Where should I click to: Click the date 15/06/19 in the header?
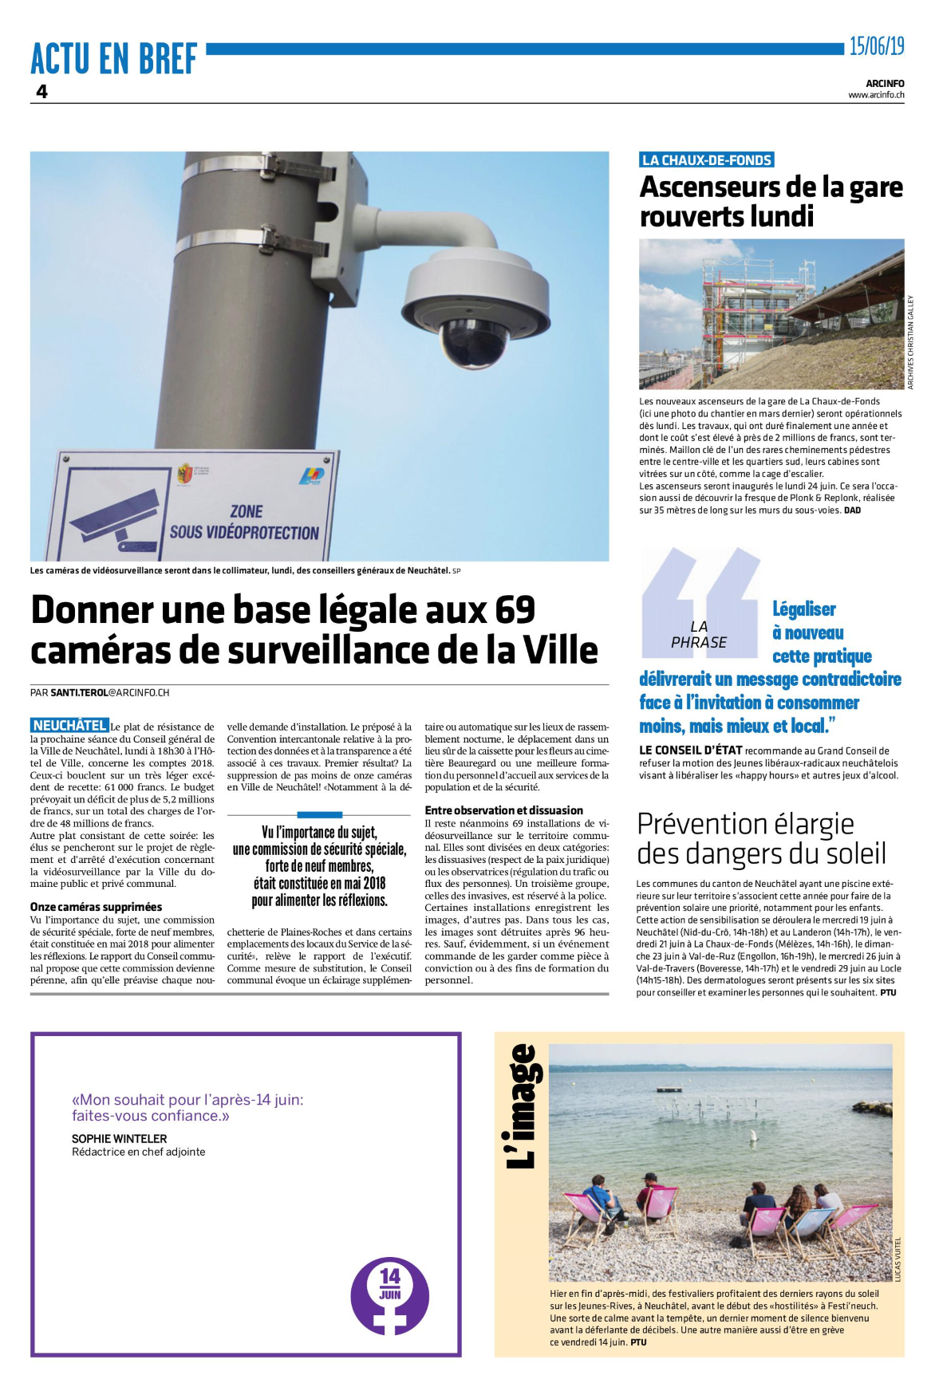coord(876,46)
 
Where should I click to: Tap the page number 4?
coord(41,92)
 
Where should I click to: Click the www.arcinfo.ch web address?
coord(875,95)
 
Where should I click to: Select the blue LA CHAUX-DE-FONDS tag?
coord(707,160)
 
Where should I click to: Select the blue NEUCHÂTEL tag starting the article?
coord(69,725)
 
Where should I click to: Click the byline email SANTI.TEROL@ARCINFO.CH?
coord(109,692)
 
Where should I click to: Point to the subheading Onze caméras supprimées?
coord(96,907)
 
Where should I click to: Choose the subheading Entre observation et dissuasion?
coord(503,810)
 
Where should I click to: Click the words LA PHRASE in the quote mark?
coord(699,635)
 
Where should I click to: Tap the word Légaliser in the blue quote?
coord(803,610)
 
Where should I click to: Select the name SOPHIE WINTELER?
coord(120,1139)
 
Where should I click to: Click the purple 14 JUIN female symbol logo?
coord(389,1296)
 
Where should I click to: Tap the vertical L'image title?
coord(523,1106)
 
